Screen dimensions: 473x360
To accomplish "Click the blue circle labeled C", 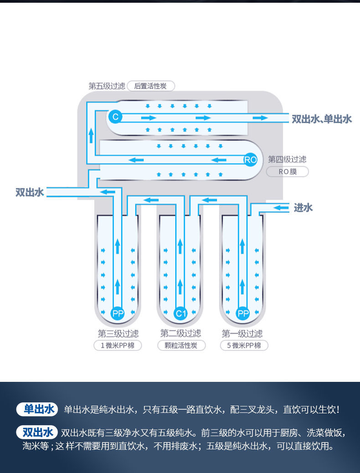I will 115,117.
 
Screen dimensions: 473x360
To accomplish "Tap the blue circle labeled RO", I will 250,159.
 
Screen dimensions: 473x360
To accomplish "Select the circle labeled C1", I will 180,314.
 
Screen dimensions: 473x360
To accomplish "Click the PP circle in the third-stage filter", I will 118,314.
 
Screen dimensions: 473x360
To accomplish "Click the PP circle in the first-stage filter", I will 243,314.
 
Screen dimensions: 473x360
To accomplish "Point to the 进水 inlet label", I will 303,208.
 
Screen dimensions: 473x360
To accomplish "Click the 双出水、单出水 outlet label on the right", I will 322,119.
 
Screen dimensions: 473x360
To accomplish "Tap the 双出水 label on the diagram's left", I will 30,192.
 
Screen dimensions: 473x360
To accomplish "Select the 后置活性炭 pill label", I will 150,86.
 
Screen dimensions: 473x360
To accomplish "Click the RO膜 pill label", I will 287,172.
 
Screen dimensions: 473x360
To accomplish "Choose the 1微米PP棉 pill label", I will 118,345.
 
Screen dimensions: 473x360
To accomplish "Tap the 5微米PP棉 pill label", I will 244,345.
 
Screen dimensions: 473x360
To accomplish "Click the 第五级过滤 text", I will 107,86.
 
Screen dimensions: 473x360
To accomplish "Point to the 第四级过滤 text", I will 287,159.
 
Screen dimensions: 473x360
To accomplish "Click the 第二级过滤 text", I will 180,334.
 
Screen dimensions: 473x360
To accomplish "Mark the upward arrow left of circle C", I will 91,135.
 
